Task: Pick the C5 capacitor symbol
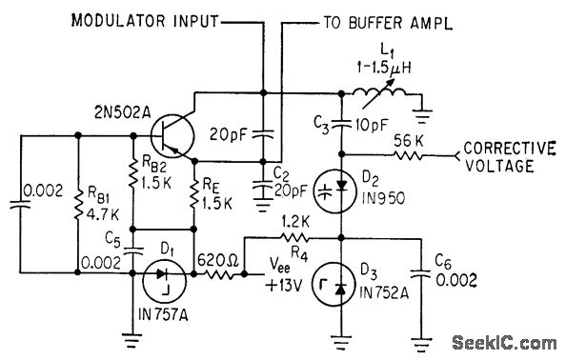(x=131, y=250)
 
